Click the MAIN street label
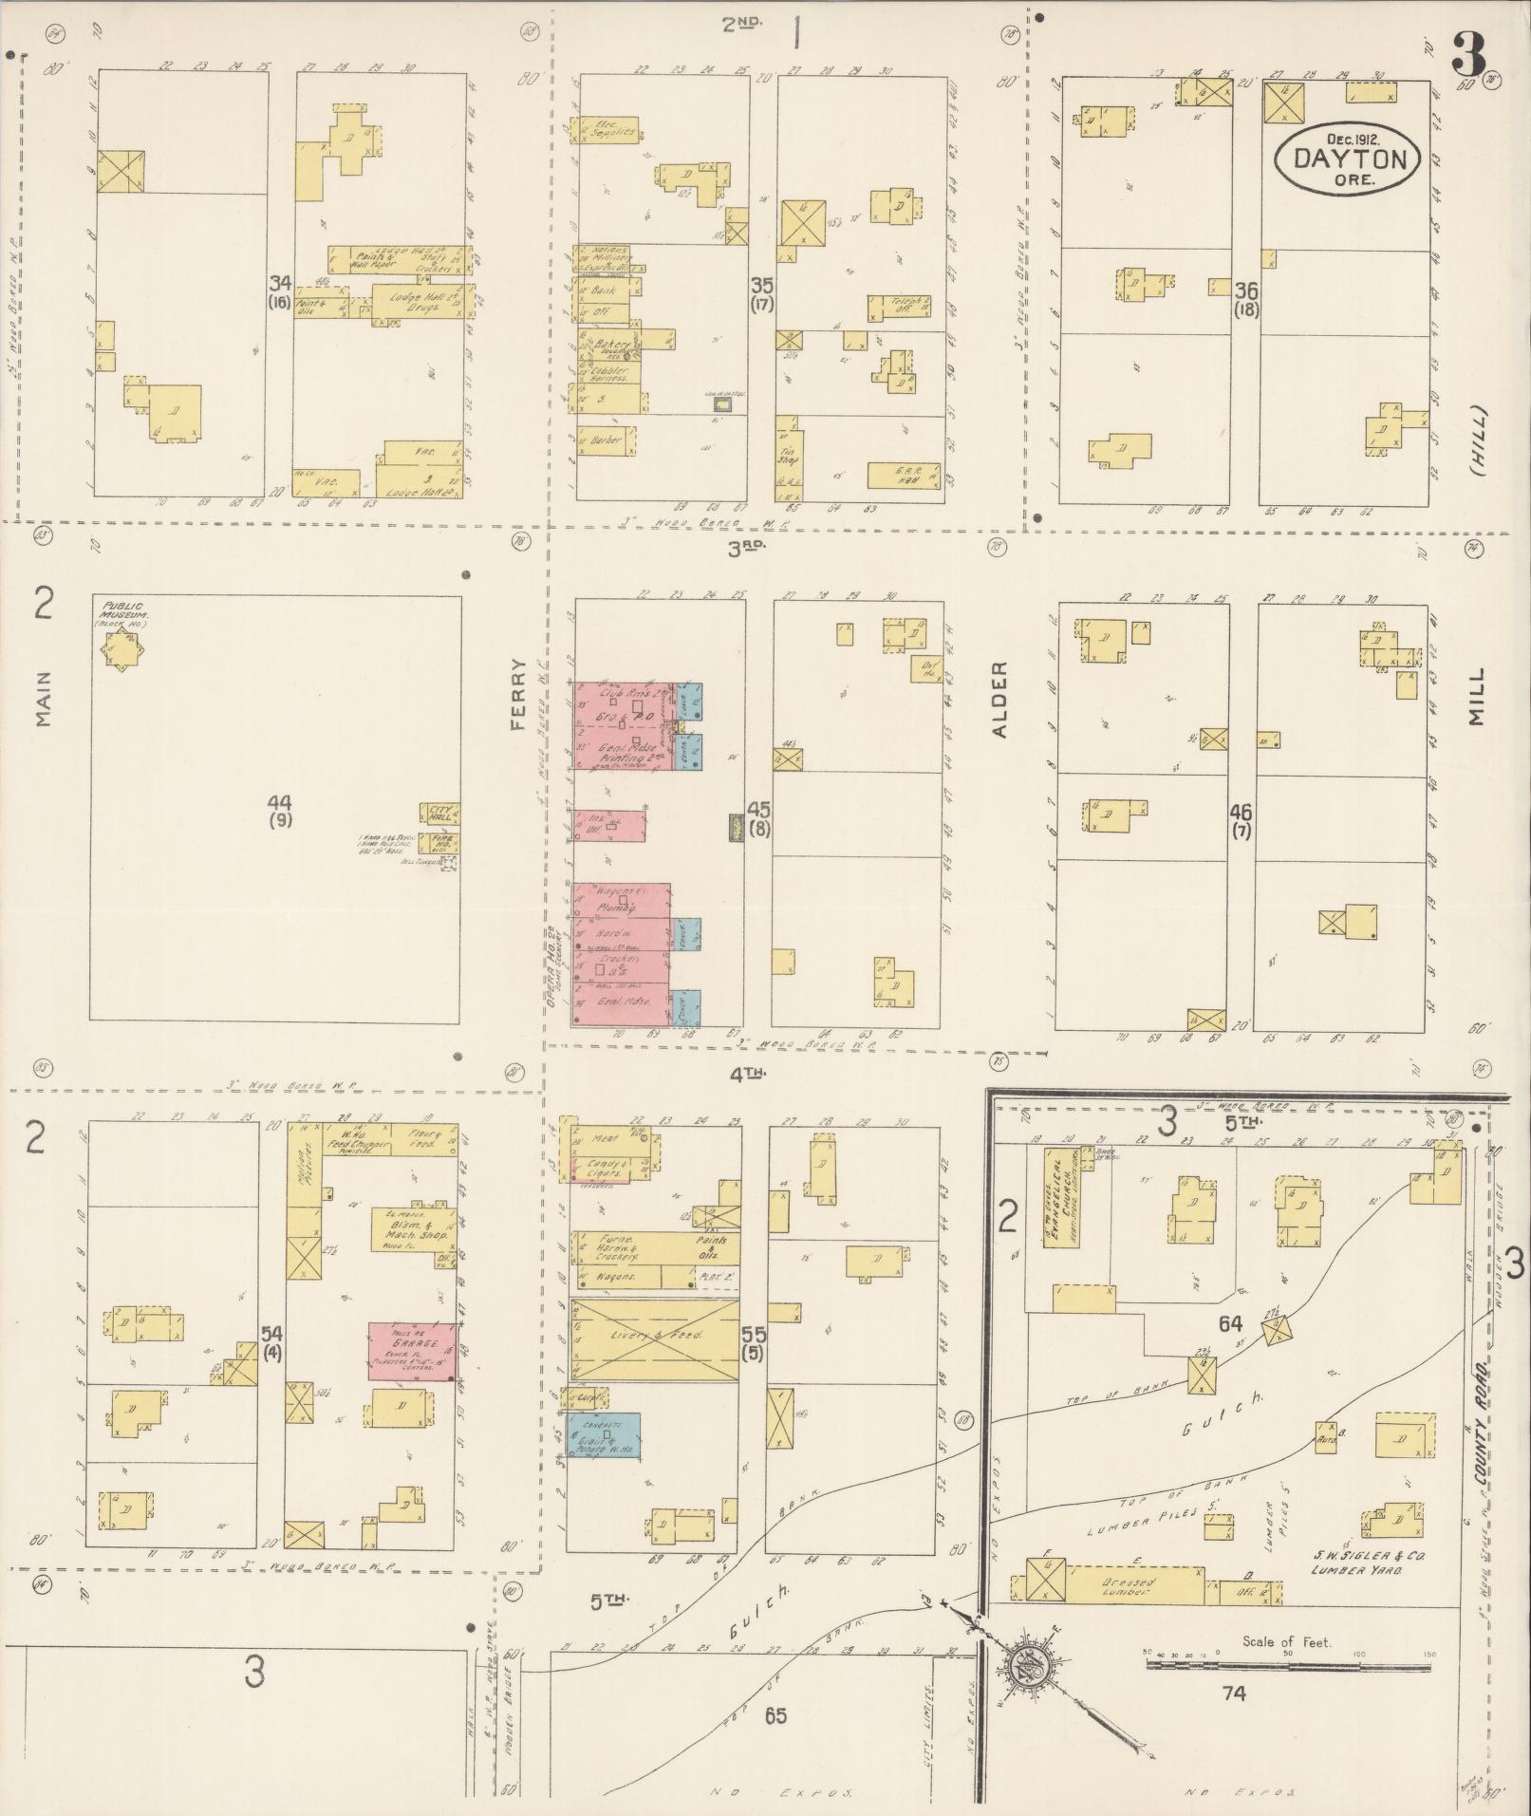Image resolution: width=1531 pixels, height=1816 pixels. tap(43, 700)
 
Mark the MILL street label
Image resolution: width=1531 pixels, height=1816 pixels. tap(1475, 698)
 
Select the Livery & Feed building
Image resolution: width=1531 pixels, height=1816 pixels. tap(655, 1338)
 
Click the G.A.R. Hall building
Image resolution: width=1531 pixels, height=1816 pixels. tap(904, 475)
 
